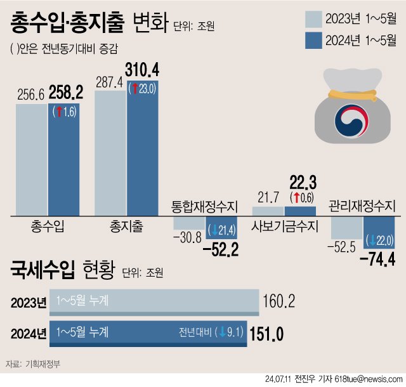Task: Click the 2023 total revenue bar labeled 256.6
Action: [32, 160]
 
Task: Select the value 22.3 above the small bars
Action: [300, 183]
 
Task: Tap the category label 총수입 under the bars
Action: [47, 226]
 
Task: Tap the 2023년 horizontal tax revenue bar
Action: [157, 302]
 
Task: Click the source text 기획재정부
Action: [44, 364]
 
